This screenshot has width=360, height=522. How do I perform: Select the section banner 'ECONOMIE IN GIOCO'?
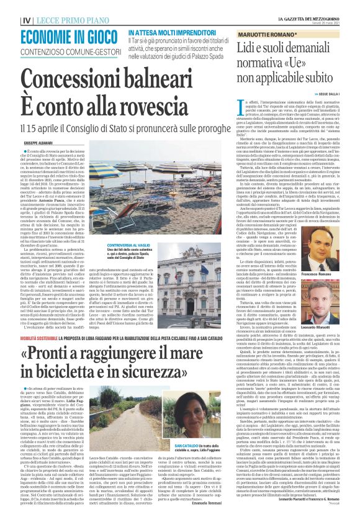click(x=72, y=37)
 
